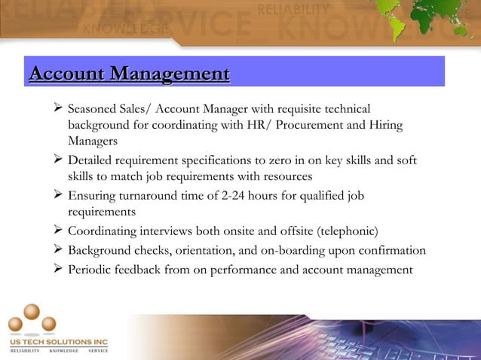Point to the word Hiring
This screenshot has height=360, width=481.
click(384, 124)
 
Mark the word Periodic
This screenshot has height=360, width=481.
click(91, 270)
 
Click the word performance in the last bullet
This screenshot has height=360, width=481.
click(242, 270)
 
